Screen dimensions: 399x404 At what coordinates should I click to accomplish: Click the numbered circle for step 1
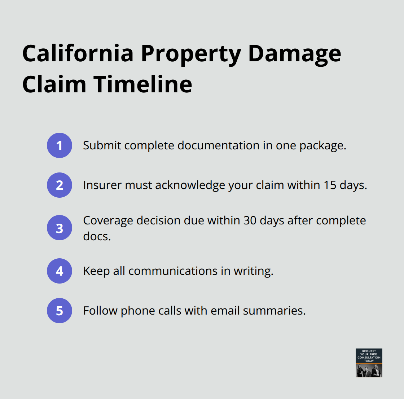point(60,145)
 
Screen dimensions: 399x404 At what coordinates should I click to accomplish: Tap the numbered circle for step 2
point(60,185)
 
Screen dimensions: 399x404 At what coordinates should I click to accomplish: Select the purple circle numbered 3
point(60,228)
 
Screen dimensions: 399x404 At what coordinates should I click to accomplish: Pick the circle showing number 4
point(60,271)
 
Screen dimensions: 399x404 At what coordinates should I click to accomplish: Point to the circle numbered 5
point(60,311)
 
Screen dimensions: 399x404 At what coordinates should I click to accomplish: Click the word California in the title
point(78,53)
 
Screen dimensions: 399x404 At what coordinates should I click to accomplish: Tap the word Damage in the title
point(294,53)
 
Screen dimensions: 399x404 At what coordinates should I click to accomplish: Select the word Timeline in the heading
point(143,84)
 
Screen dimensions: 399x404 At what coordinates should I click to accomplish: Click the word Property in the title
point(191,54)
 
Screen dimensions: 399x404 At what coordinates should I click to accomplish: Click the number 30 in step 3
point(250,220)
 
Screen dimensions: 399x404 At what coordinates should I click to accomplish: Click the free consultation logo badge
point(369,363)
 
